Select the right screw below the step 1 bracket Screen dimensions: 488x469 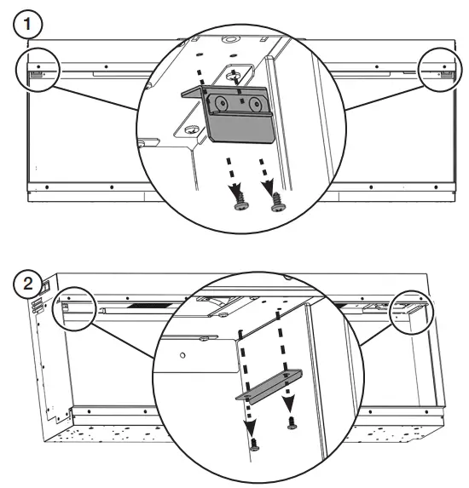(x=278, y=202)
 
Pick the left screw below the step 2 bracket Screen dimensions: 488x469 (x=253, y=441)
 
